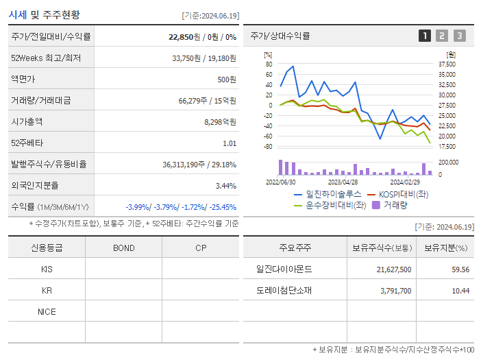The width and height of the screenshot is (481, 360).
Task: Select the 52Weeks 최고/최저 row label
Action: pos(46,58)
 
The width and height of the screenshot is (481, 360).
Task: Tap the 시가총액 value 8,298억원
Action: pos(220,122)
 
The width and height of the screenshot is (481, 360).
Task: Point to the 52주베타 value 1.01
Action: pos(230,143)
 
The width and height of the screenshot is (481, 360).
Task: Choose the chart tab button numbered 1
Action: pos(425,36)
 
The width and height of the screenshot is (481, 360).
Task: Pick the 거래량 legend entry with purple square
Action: pos(391,204)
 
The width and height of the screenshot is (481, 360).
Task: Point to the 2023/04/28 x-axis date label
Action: pos(343,182)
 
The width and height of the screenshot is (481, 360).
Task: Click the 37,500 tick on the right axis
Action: pos(447,64)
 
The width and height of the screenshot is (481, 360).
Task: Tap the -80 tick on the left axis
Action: pos(269,147)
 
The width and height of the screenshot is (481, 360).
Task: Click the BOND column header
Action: pos(123,248)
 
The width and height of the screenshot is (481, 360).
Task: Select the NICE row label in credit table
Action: pos(47,311)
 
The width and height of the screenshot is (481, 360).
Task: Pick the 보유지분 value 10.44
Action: pos(460,291)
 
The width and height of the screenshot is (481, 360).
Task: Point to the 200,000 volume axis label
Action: pos(449,163)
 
